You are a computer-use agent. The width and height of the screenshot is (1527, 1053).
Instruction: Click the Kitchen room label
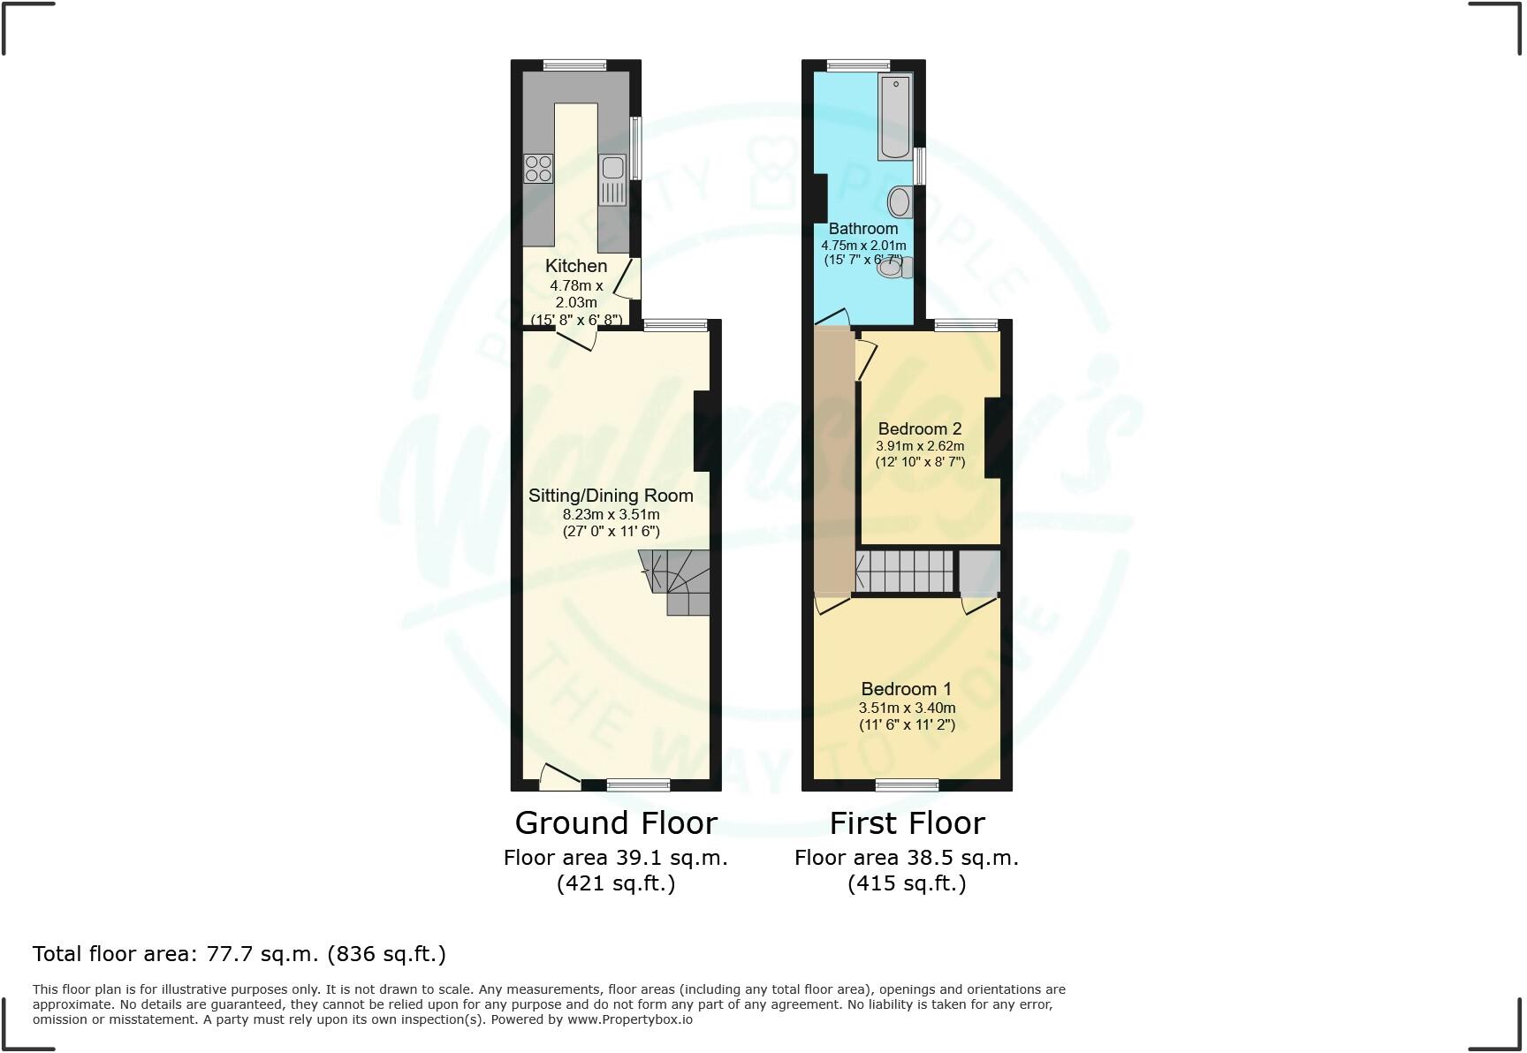[576, 266]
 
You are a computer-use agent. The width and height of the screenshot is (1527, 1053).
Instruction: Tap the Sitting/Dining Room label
[611, 496]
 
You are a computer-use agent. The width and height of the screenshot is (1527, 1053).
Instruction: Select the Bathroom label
[863, 229]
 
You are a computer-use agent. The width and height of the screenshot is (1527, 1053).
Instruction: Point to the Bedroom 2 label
[920, 429]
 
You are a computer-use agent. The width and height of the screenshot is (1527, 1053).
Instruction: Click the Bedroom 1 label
[907, 689]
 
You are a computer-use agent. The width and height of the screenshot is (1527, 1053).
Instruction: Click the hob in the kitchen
[538, 168]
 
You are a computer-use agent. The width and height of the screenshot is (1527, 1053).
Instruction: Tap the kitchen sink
[612, 179]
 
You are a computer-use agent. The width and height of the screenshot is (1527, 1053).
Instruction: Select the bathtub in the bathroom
[894, 117]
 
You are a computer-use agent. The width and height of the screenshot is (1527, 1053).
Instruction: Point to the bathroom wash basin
[900, 202]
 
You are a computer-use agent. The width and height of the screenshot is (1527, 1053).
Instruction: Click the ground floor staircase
[676, 582]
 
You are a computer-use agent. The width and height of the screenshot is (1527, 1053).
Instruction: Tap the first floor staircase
[905, 571]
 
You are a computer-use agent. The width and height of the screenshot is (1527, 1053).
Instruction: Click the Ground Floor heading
[616, 823]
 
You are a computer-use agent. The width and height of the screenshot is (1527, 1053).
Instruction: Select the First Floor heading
[907, 823]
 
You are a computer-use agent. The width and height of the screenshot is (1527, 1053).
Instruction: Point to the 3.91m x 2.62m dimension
[920, 446]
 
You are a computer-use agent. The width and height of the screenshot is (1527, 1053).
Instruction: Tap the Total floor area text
[239, 954]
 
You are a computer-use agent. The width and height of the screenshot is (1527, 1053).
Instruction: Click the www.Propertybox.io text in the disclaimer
[630, 1019]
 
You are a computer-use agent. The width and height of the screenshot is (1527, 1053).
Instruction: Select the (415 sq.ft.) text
[907, 883]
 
